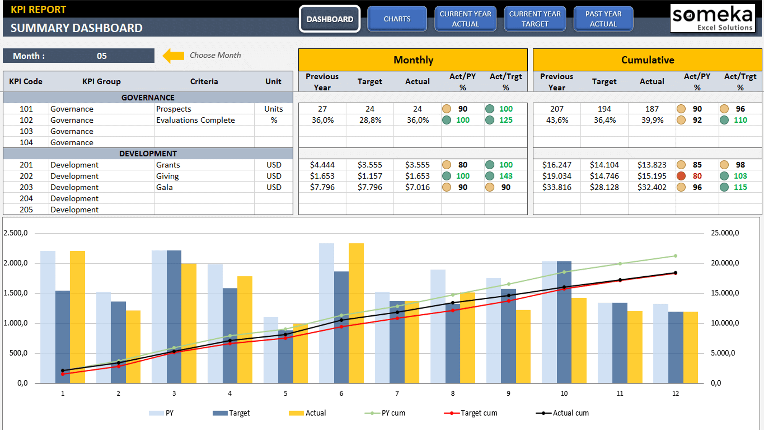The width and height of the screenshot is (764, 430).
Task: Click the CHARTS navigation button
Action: [397, 19]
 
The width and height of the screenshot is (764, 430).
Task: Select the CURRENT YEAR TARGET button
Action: [535, 19]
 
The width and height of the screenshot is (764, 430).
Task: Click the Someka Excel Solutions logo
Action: [712, 18]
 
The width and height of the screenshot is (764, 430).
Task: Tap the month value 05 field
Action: [101, 56]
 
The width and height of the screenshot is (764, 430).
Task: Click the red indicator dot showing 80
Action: [681, 176]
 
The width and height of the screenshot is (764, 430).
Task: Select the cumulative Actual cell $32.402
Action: [652, 187]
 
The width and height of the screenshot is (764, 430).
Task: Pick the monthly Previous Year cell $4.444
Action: [322, 165]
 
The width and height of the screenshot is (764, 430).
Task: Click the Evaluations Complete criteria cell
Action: [195, 120]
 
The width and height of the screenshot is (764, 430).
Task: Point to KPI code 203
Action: [26, 187]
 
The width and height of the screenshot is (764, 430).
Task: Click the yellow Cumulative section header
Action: [647, 60]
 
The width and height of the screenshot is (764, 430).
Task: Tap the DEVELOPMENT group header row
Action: [148, 154]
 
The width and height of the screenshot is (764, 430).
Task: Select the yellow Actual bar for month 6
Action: [356, 313]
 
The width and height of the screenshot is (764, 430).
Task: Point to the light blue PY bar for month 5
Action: [271, 350]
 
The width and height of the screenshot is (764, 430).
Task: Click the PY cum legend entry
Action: [385, 413]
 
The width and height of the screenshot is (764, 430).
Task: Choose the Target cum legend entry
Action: [471, 413]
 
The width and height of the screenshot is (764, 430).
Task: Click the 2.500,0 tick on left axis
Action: [16, 233]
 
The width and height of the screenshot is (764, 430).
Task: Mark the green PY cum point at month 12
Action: [675, 256]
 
